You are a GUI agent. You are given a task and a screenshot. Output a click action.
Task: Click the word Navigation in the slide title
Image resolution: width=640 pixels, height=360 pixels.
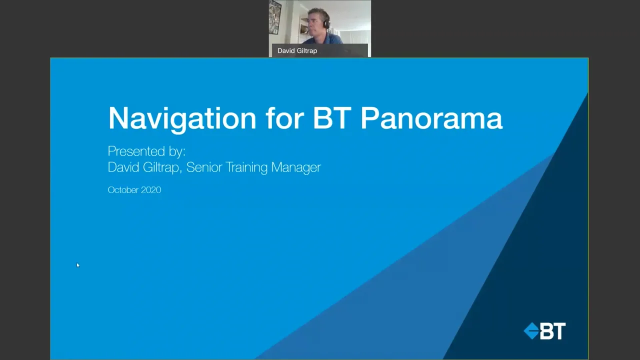[182, 118]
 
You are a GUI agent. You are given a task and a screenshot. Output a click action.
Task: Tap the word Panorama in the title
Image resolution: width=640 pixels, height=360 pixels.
[431, 118]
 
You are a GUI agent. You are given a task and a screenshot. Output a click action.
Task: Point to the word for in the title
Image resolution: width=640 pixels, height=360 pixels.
[284, 118]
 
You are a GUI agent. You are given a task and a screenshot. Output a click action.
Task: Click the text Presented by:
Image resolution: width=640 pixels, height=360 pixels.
[146, 151]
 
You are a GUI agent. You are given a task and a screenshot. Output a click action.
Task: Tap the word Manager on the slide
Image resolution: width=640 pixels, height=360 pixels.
[296, 167]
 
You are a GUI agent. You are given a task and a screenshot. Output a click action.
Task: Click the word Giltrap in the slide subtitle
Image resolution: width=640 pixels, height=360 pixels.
[161, 167]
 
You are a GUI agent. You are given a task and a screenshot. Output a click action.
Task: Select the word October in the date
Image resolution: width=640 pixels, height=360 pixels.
[122, 190]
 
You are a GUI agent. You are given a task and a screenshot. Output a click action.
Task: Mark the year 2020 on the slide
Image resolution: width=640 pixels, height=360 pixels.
[150, 190]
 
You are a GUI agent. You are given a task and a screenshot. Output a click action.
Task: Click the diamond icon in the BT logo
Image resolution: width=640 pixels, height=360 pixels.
[531, 331]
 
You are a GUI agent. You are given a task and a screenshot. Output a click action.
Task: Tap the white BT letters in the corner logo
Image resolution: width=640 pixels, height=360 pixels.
[552, 331]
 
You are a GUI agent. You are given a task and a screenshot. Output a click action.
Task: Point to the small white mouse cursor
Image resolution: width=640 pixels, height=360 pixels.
[77, 265]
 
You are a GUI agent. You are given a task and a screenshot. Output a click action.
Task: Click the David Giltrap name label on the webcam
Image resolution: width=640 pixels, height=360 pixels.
[297, 50]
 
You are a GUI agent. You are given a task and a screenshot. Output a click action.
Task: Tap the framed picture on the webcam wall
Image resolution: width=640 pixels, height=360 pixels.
[275, 17]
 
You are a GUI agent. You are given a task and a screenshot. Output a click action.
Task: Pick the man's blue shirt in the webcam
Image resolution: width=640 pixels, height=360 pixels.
[330, 38]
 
